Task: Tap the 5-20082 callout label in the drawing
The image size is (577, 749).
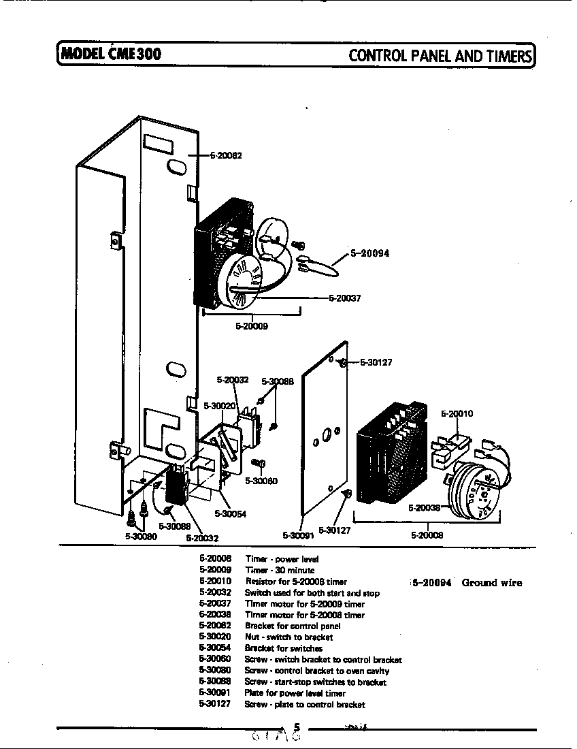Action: pos(225,155)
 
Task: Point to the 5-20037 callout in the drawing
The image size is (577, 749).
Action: pos(344,298)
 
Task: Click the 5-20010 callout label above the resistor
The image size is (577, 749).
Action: pos(457,413)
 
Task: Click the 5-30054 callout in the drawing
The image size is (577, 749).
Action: pos(229,514)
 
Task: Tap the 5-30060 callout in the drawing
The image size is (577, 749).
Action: pos(261,481)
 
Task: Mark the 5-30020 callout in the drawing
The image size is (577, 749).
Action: pos(219,406)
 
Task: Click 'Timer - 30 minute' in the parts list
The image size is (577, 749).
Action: pos(280,570)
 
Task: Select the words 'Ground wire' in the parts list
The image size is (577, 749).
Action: pos(492,583)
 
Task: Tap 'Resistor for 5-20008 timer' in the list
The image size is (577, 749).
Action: pos(295,581)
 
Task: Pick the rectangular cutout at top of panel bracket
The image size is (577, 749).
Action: pos(158,144)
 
